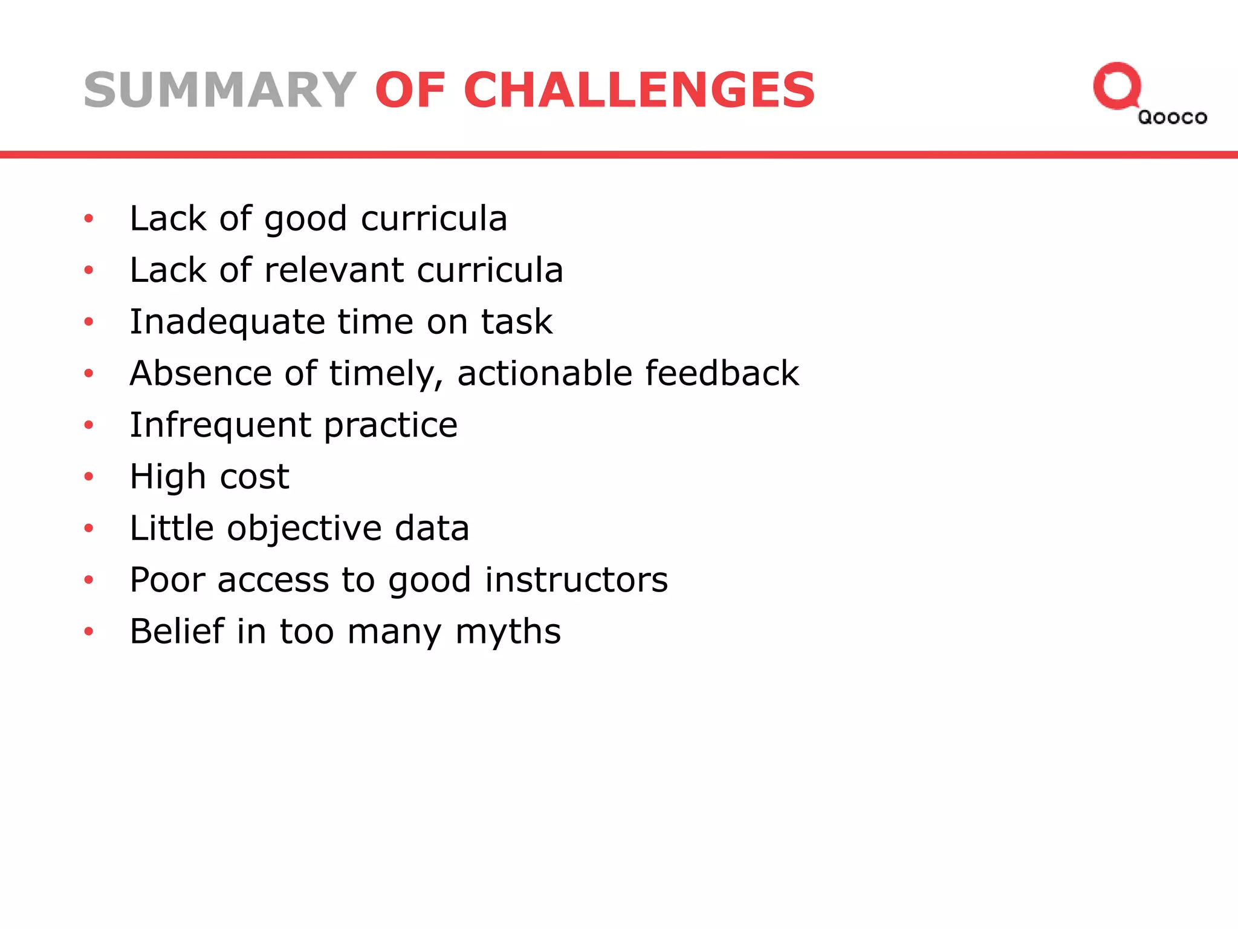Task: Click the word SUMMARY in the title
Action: click(220, 90)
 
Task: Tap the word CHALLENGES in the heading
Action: click(640, 90)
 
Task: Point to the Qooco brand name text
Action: click(1172, 117)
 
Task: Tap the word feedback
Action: click(722, 373)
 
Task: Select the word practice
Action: click(391, 425)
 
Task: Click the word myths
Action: click(508, 632)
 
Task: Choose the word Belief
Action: click(177, 631)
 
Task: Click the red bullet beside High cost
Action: click(89, 477)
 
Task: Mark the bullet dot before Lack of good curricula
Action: click(89, 218)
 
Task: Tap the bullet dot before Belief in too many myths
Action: click(89, 632)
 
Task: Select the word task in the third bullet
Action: click(517, 322)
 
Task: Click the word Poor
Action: click(167, 579)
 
